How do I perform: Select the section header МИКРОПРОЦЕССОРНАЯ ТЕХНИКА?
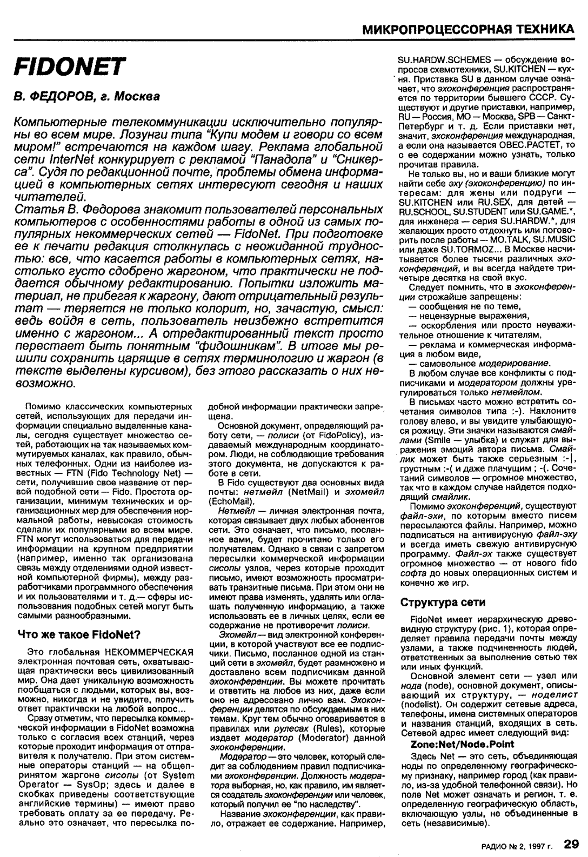(x=467, y=28)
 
